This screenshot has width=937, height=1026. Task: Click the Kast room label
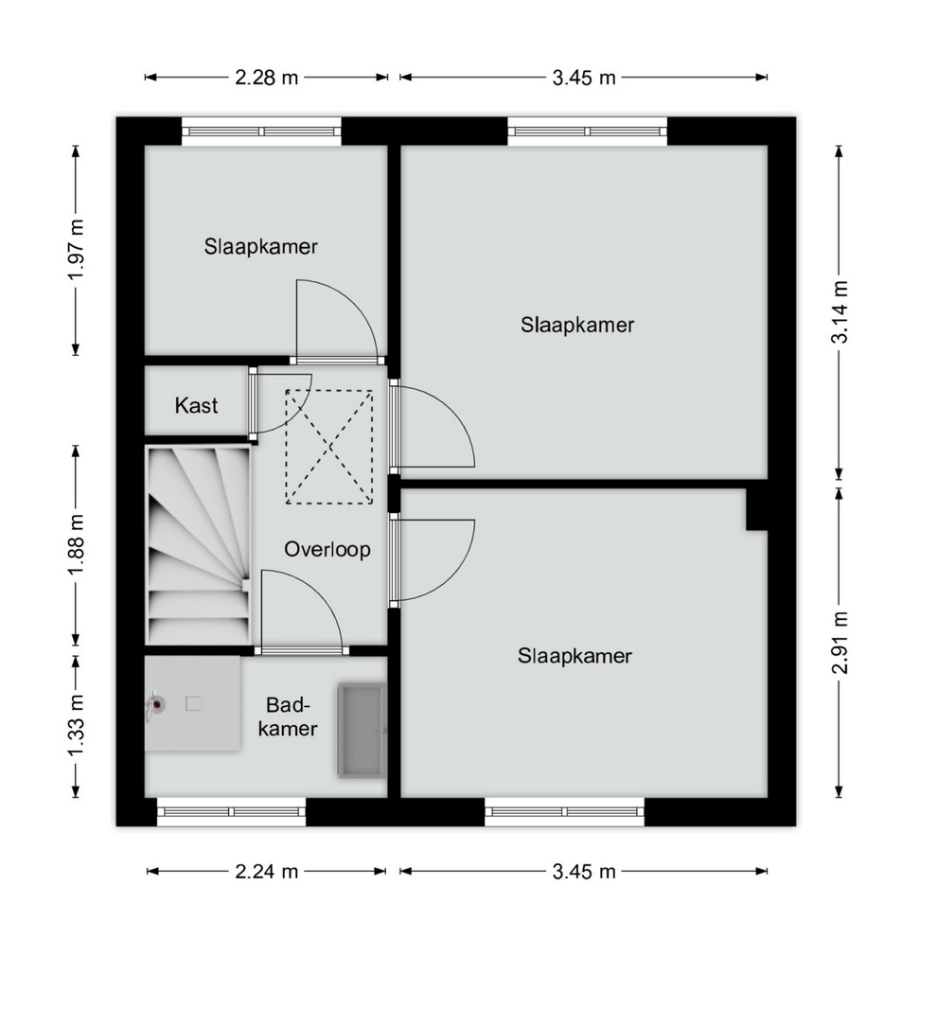(196, 406)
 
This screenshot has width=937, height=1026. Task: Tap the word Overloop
(327, 549)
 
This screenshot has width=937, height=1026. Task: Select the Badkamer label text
(287, 716)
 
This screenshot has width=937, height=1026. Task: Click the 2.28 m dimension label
(266, 78)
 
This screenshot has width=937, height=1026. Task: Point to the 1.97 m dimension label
(76, 249)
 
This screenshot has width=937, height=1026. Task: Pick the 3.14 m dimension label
(839, 311)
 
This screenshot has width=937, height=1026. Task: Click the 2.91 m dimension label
(839, 642)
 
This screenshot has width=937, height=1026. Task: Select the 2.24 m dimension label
(266, 872)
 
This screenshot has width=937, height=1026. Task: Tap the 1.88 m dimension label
(76, 544)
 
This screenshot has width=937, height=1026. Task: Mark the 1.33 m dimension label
(76, 724)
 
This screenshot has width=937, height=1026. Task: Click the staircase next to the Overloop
(198, 545)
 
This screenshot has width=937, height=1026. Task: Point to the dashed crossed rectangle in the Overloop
(329, 447)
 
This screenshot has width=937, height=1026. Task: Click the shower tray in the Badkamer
(192, 703)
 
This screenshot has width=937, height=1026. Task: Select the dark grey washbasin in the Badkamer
(361, 731)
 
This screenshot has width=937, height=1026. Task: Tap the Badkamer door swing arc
(302, 610)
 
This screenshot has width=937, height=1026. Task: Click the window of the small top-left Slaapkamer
(261, 132)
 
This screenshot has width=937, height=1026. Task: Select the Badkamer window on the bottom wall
(232, 811)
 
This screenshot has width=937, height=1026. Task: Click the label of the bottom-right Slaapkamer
(575, 656)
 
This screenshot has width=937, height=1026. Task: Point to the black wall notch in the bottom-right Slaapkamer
(757, 508)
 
